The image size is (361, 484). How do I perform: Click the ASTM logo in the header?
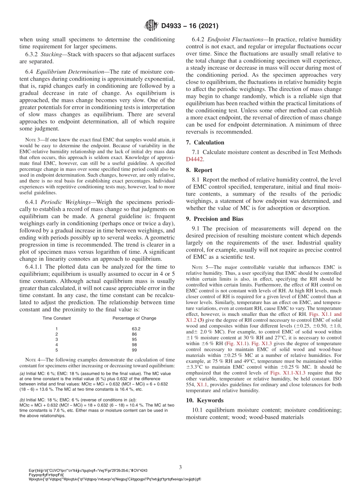click(151, 26)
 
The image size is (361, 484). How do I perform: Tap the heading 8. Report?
click(199, 170)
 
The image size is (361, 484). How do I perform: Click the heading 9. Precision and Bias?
click(214, 219)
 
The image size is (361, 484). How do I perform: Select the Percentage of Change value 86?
click(134, 334)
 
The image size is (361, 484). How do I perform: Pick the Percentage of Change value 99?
click(134, 350)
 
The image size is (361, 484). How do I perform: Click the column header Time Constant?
click(56, 318)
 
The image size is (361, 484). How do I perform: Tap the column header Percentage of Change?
click(134, 318)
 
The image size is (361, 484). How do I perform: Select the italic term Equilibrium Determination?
click(76, 72)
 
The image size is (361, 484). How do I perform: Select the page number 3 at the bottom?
click(180, 466)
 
